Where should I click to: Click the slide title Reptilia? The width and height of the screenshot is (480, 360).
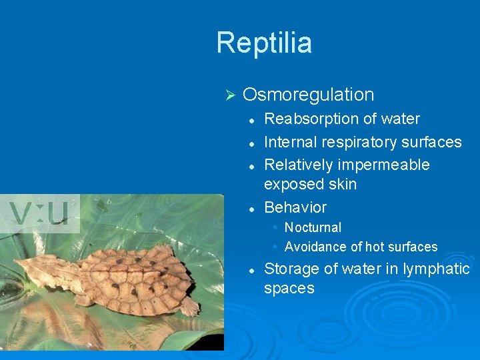point(264,43)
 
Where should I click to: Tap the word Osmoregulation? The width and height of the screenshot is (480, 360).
point(308,95)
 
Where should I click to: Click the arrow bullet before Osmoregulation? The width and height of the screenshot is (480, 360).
point(228,95)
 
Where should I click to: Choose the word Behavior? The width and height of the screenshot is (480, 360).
point(295,207)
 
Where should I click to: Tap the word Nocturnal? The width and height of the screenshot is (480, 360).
point(313,227)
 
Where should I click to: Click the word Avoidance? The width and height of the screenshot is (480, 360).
point(316,247)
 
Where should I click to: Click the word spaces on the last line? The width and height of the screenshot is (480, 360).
point(289,289)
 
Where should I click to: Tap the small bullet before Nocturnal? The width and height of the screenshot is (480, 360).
point(275,227)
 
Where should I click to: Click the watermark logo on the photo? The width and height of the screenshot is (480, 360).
point(40,213)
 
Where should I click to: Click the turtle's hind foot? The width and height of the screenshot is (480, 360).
point(190,307)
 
